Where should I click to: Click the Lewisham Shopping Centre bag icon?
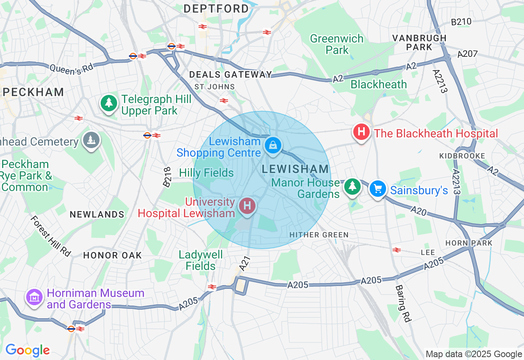coord(273,145)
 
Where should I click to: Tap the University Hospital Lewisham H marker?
coord(247,205)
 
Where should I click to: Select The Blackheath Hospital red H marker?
coord(361,132)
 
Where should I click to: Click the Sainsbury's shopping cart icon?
coord(377,189)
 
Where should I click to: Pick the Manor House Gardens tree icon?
coord(352,187)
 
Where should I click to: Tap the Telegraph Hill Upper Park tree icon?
coord(109,103)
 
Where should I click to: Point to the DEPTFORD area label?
coord(216,9)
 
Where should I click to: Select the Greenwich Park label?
coord(337,44)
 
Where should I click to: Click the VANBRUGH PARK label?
coord(419,43)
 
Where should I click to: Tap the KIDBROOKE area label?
coord(462,156)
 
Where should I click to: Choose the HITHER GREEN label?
coord(319,235)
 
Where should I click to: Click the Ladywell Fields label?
coord(201,260)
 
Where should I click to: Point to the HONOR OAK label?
coord(112,255)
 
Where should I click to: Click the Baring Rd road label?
coord(403,303)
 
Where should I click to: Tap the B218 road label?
coord(167,177)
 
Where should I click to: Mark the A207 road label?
coord(468,53)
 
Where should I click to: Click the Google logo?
coord(27,351)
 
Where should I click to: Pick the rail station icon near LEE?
coord(396,250)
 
